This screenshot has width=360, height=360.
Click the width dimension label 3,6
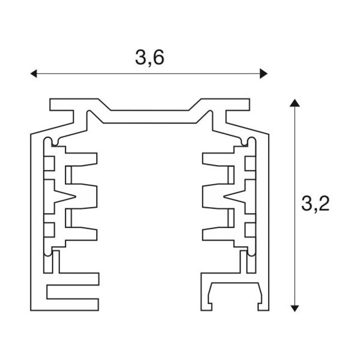pyautogui.click(x=149, y=58)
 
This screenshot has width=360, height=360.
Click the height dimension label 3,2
pyautogui.click(x=315, y=203)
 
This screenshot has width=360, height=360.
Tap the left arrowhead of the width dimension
pyautogui.click(x=34, y=74)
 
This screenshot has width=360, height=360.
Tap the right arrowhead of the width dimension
pyautogui.click(x=263, y=74)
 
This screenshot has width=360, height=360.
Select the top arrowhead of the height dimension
pyautogui.click(x=295, y=103)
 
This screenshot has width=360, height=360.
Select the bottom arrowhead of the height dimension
pyautogui.click(x=295, y=308)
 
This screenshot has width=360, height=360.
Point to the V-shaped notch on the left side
pyautogui.click(x=65, y=197)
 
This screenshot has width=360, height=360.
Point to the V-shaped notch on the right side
pyautogui.click(x=235, y=197)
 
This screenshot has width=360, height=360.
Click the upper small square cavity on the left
pyautogui.click(x=49, y=163)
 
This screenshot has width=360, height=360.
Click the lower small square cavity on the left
pyautogui.click(x=49, y=230)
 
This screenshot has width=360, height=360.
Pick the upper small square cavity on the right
pyautogui.click(x=250, y=163)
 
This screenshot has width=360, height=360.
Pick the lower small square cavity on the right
pyautogui.click(x=250, y=230)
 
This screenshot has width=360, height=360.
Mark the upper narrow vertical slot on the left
pyautogui.click(x=68, y=175)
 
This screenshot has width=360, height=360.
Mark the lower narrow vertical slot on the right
pyautogui.click(x=231, y=218)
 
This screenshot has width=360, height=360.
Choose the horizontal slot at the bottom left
pyautogui.click(x=73, y=292)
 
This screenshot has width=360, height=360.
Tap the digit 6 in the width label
pyautogui.click(x=158, y=57)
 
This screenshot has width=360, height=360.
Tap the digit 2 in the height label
pyautogui.click(x=324, y=203)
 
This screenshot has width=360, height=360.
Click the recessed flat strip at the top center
pyautogui.click(x=149, y=116)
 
